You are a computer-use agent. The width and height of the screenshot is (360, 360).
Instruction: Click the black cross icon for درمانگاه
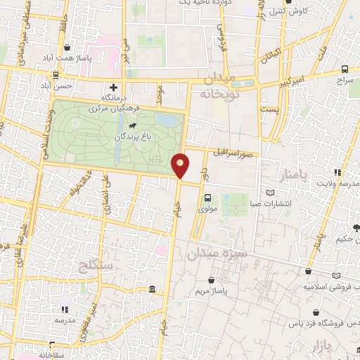click(113, 86)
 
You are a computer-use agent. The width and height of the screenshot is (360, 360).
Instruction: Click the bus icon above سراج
click(345, 70)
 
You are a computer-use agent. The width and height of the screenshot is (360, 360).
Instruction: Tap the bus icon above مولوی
click(207, 198)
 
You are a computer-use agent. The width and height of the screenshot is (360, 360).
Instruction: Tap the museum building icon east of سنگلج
click(153, 290)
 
